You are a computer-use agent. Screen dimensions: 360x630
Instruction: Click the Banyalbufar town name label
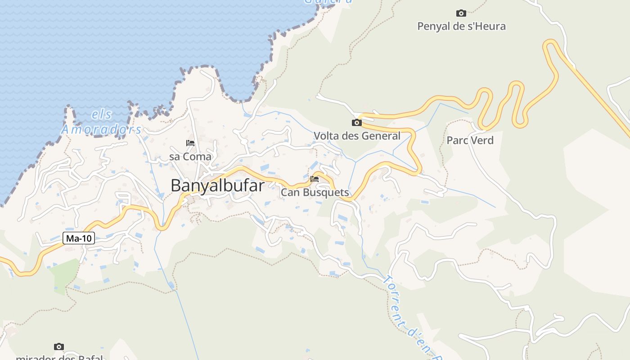(217, 185)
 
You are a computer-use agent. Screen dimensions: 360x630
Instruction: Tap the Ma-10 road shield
(79, 238)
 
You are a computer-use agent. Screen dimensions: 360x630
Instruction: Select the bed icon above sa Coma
(190, 143)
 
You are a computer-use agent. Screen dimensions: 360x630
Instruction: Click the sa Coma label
(190, 157)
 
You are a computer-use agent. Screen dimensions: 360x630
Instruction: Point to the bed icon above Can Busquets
(315, 179)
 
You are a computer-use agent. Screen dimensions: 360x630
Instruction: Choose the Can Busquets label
(315, 193)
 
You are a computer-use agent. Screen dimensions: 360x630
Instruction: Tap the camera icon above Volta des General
(357, 122)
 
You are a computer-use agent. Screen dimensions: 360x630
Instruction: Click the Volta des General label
(357, 136)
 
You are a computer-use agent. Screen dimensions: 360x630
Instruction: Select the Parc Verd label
(470, 140)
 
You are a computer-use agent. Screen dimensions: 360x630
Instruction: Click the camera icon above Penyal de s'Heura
(461, 13)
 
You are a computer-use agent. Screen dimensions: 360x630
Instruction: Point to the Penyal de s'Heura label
(461, 26)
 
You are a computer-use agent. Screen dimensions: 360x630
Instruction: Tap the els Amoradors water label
(101, 122)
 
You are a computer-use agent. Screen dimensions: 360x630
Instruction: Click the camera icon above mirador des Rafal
(59, 346)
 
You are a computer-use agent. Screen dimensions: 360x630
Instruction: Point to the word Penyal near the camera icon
(434, 26)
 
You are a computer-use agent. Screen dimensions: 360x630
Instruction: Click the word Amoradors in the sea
(101, 130)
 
